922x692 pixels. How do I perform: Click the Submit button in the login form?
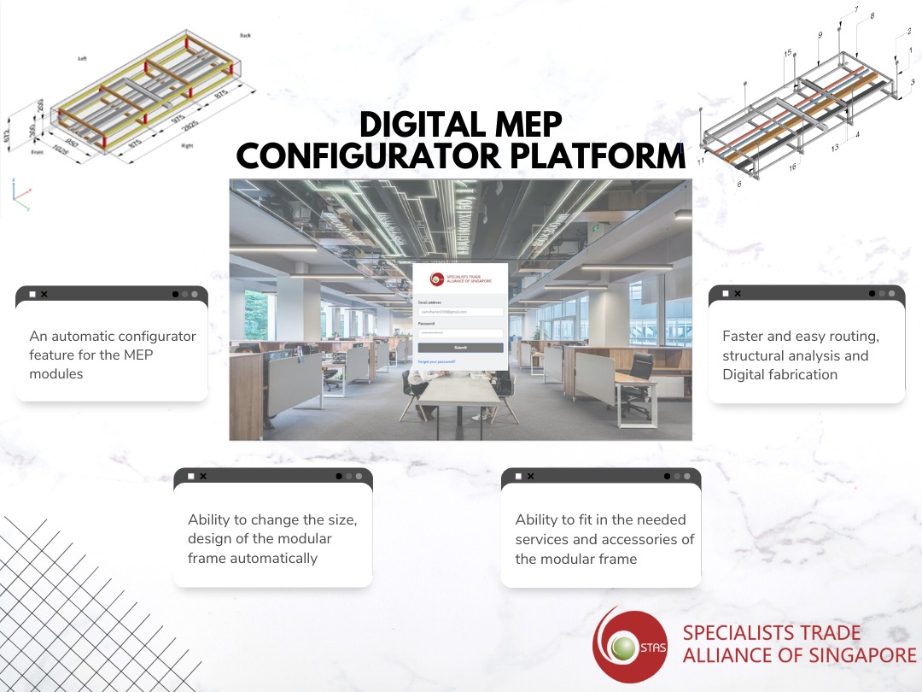[460, 348]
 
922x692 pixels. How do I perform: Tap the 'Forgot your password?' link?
[437, 362]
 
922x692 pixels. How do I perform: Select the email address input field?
[460, 312]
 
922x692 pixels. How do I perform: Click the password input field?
[460, 333]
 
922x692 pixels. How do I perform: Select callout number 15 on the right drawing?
[788, 53]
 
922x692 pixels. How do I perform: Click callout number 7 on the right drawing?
[856, 9]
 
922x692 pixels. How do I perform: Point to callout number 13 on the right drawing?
[834, 147]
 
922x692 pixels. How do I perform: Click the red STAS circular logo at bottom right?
[632, 645]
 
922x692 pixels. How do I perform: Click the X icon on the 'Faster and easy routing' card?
[738, 294]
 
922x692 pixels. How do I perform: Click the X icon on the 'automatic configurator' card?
[44, 294]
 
